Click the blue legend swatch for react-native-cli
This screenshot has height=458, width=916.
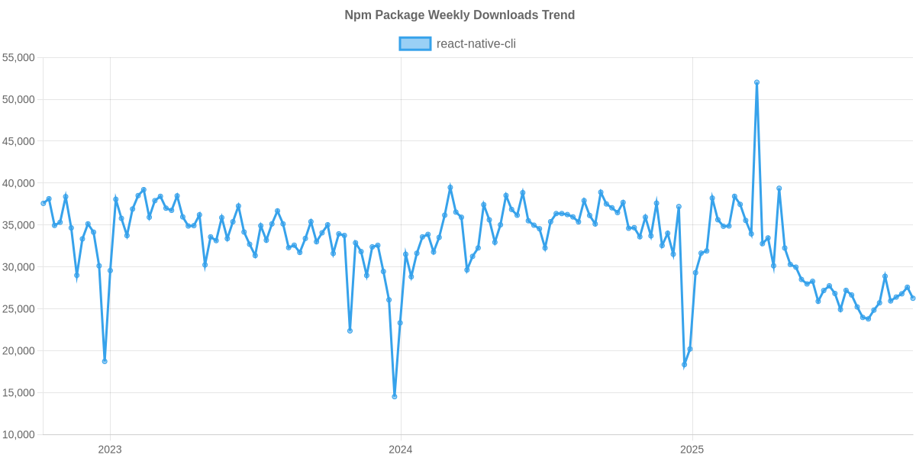coord(414,44)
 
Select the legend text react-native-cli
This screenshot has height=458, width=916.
coord(476,44)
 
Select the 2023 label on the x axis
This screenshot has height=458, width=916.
coord(110,450)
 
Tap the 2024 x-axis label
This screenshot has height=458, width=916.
coord(400,450)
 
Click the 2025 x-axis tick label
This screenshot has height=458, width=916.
coord(692,450)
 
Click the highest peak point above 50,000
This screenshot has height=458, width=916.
coord(756,82)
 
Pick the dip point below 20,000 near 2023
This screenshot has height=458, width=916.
coord(105,361)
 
